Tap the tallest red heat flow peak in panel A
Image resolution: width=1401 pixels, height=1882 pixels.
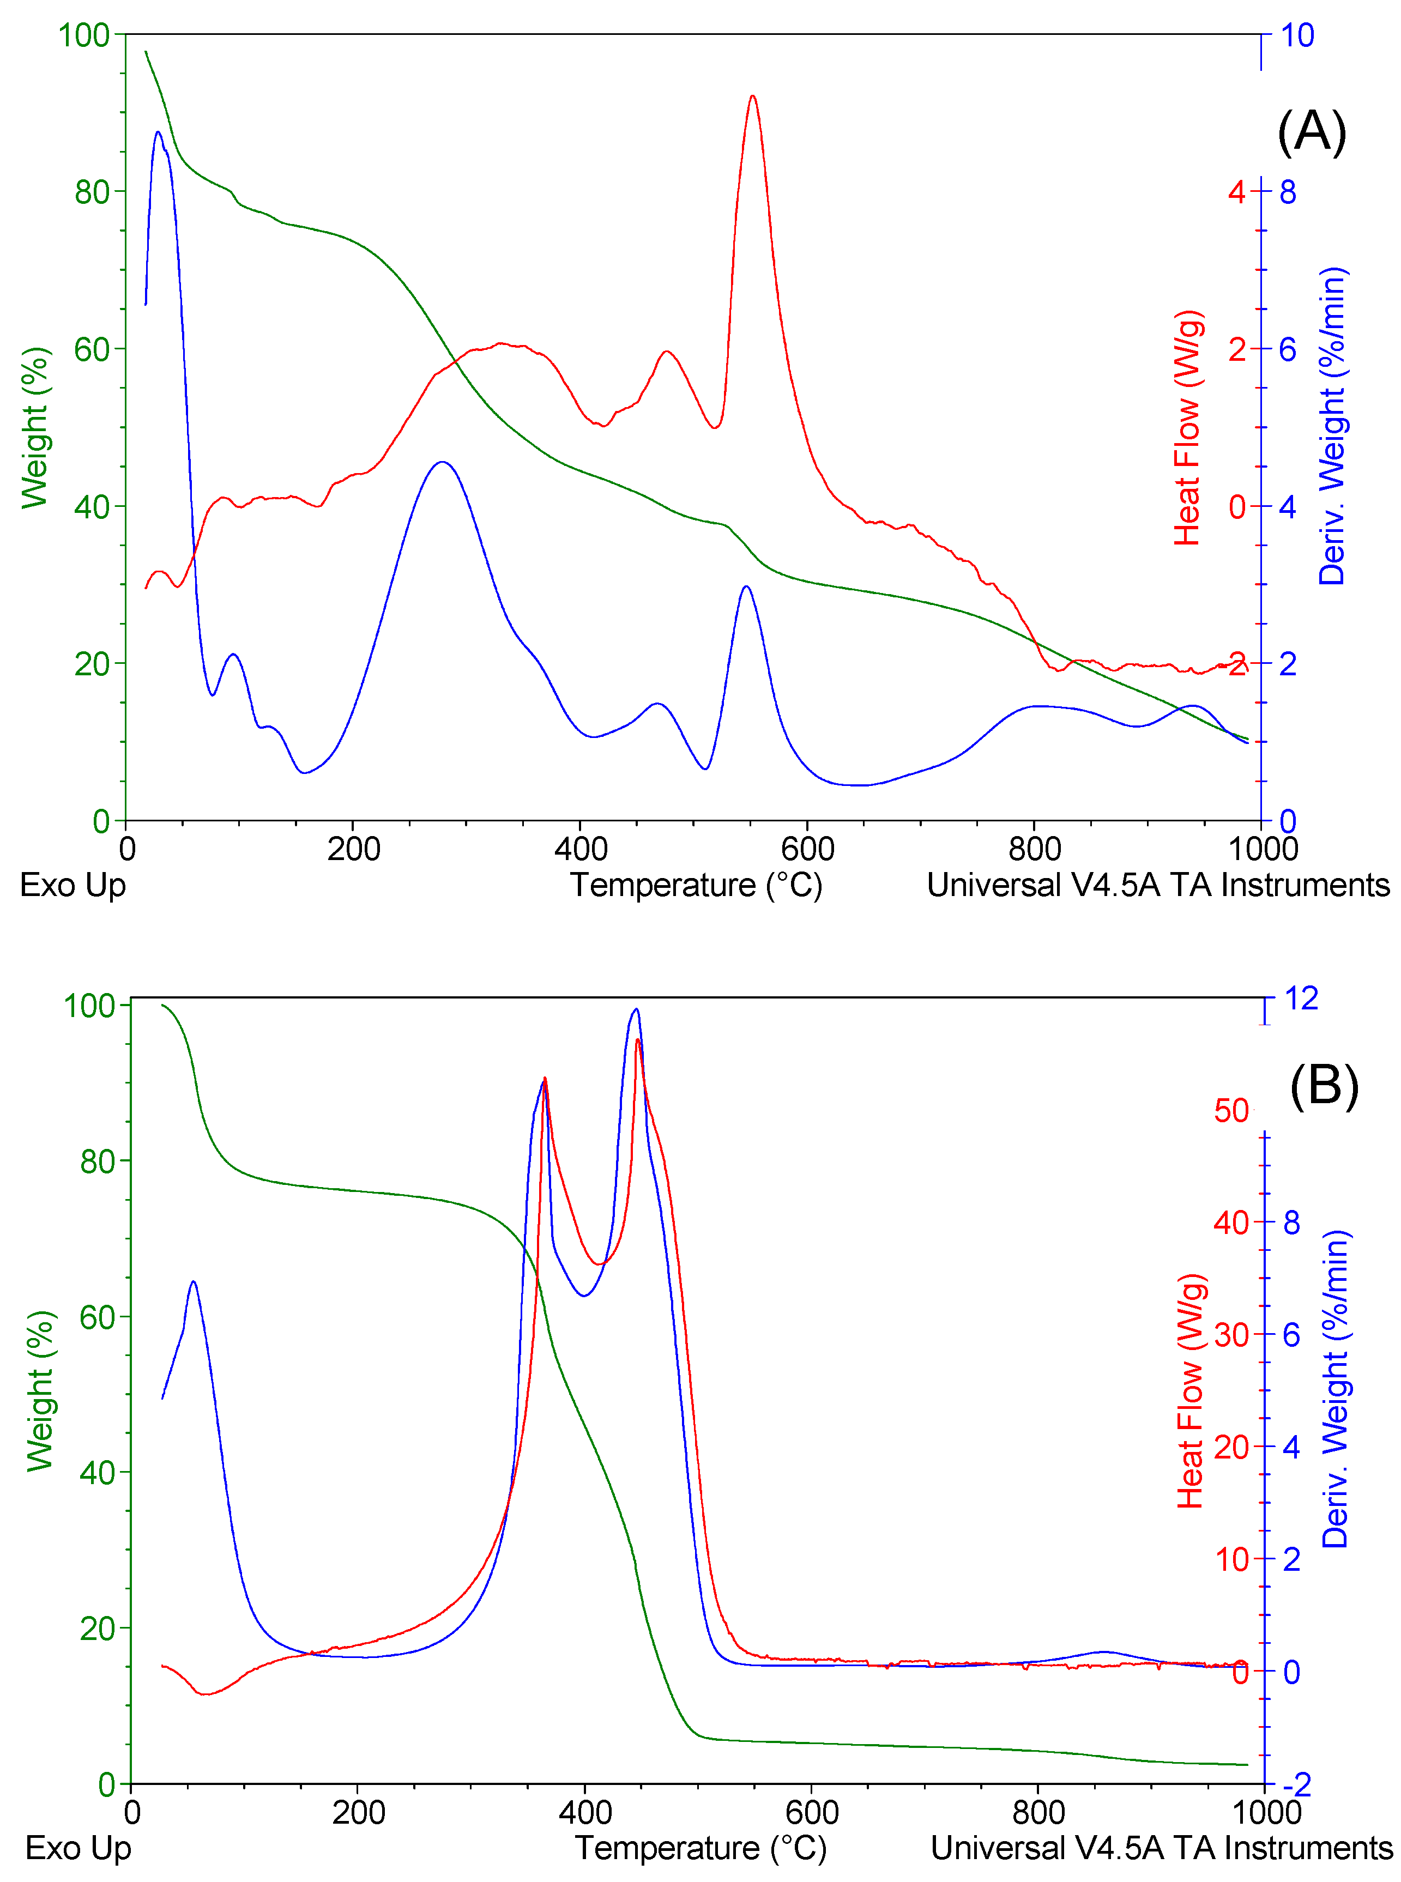[752, 96]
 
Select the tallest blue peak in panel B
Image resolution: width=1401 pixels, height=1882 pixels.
[636, 1009]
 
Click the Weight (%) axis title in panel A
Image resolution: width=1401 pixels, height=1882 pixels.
[35, 427]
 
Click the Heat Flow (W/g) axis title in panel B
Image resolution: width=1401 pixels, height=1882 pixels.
[1191, 1390]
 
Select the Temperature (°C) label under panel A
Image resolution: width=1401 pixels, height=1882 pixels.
[696, 885]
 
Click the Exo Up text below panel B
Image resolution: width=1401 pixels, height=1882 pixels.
[78, 1847]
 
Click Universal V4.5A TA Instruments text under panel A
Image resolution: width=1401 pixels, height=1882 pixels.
[1158, 885]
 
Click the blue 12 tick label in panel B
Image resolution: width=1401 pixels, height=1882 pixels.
[1301, 999]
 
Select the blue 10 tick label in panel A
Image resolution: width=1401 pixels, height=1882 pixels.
[1297, 35]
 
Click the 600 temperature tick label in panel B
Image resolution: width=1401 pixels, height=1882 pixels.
[812, 1812]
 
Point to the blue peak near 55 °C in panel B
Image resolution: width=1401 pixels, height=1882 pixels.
[194, 1282]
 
